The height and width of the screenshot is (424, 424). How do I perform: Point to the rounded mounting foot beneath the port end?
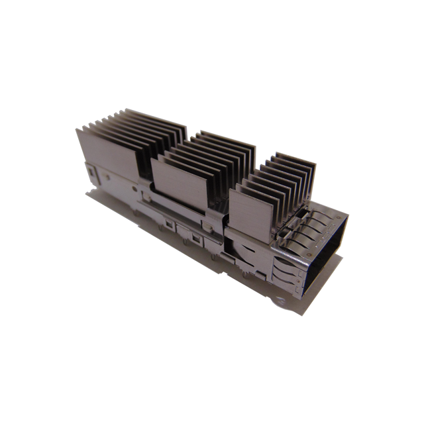point(281,301)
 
